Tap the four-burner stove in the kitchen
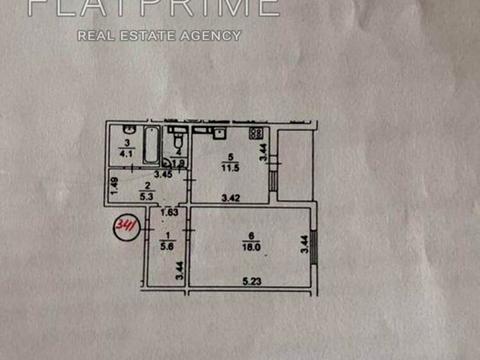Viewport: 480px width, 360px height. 255,133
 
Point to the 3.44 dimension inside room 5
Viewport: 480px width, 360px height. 262,152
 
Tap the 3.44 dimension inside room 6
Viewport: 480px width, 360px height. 303,243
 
